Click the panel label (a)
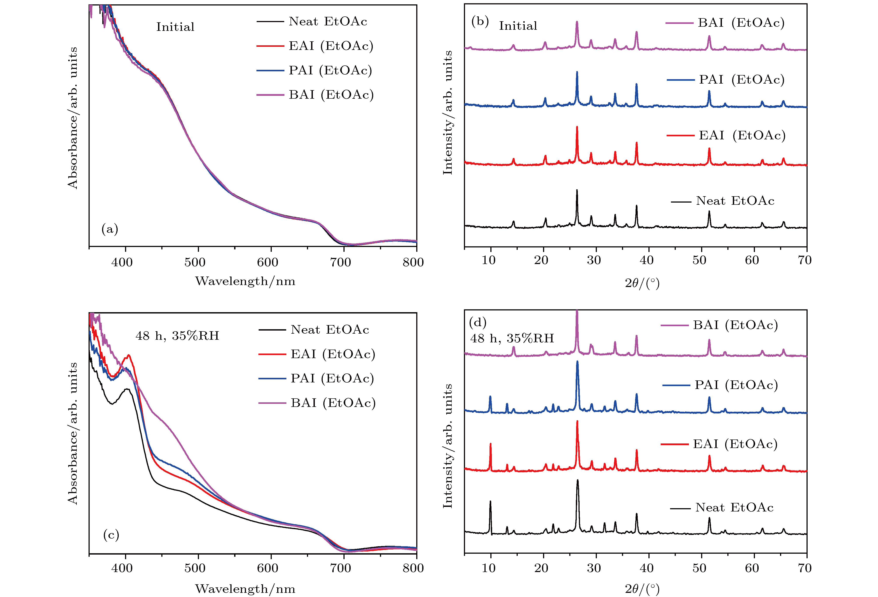(x=110, y=229)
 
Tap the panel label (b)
(x=480, y=22)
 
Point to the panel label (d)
(x=477, y=322)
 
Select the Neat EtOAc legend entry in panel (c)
(x=329, y=330)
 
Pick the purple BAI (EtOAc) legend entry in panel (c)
(x=333, y=403)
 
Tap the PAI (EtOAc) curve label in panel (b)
(x=742, y=80)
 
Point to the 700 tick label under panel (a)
(x=340, y=262)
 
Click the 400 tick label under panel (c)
(x=122, y=568)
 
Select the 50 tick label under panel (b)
(x=699, y=260)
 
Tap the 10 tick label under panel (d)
(x=488, y=568)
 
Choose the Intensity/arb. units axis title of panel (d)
(x=448, y=446)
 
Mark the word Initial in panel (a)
(x=175, y=27)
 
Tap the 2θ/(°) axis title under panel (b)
(x=642, y=283)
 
